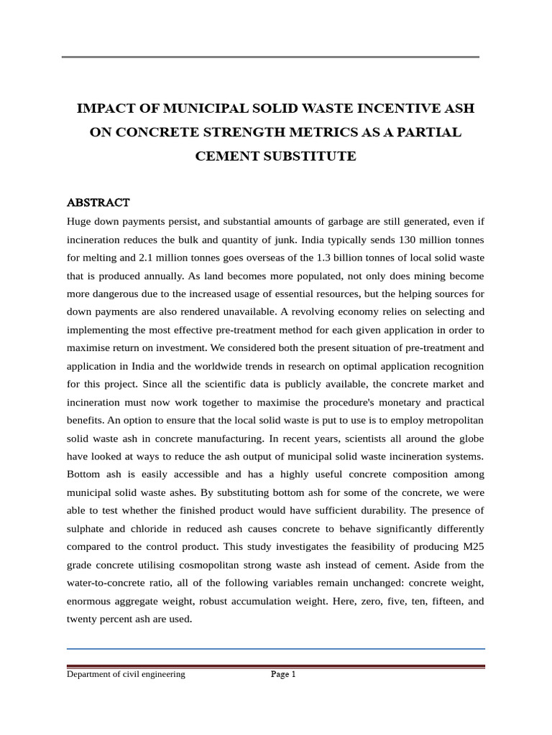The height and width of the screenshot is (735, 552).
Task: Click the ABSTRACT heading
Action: tap(98, 202)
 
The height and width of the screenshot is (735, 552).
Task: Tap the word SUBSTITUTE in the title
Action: tap(312, 156)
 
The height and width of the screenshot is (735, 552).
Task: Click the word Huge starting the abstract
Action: tap(80, 221)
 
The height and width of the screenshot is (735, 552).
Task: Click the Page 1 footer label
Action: tap(283, 674)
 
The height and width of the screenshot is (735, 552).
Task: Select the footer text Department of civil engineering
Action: tap(126, 674)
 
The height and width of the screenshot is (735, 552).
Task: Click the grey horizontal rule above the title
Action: tap(270, 57)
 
